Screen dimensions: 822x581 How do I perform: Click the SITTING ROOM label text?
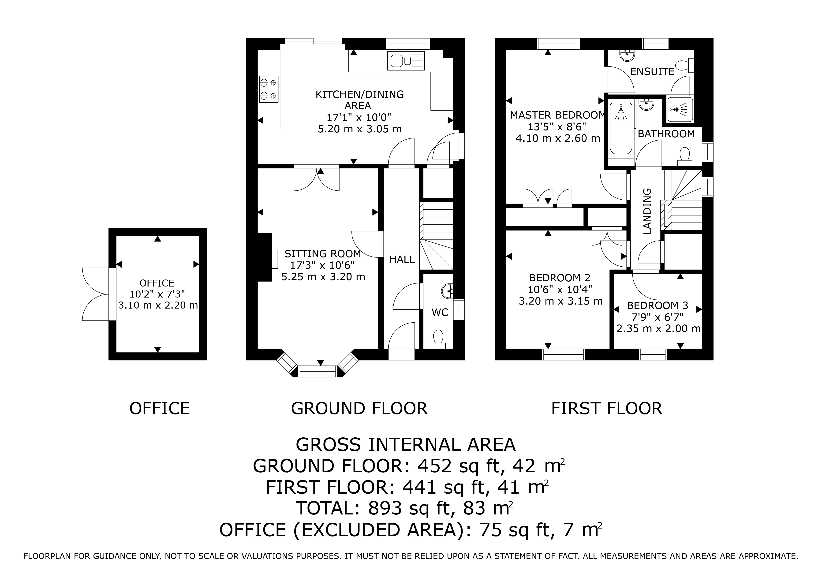tap(323, 254)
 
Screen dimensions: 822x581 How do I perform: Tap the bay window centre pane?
tap(318, 372)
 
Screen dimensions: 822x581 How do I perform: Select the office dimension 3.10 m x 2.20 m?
tap(158, 305)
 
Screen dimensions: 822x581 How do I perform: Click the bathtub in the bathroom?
tap(621, 130)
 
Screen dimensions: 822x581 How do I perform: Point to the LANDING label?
tap(647, 211)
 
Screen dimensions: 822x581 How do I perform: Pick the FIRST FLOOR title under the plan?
tap(607, 408)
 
